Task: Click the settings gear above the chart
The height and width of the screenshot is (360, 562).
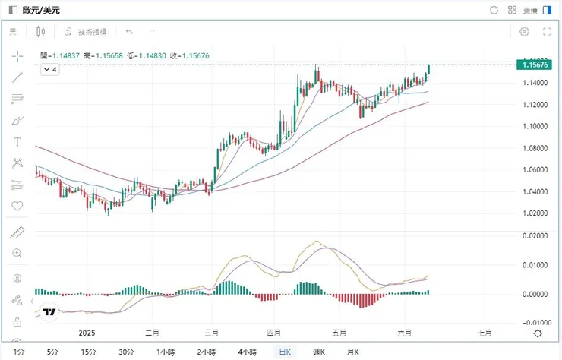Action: (x=524, y=32)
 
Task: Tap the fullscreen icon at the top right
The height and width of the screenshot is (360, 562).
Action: (x=547, y=32)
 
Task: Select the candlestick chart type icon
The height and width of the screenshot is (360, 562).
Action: (x=41, y=32)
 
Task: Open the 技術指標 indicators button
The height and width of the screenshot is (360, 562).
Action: (x=86, y=32)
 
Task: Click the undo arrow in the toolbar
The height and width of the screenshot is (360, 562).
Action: (x=129, y=32)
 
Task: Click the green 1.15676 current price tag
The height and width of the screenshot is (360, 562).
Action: (x=536, y=65)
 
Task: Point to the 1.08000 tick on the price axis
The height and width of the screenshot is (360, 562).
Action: (x=535, y=148)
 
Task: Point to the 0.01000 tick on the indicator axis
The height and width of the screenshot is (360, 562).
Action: (x=535, y=265)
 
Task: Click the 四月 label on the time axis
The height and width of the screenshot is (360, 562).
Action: (x=274, y=333)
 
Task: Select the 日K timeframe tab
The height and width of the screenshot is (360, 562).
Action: (x=285, y=352)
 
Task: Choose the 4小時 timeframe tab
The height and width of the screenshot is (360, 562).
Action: (x=247, y=352)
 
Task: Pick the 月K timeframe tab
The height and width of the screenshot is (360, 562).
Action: (x=353, y=352)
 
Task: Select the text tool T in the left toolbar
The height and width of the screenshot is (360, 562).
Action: (x=17, y=142)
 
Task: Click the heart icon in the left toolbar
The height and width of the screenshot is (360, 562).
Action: (x=17, y=206)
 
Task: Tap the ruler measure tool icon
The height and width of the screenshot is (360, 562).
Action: (x=17, y=232)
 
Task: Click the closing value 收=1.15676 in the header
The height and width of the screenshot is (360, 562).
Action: (x=189, y=55)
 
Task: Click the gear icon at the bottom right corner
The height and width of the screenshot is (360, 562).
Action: (x=538, y=333)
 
